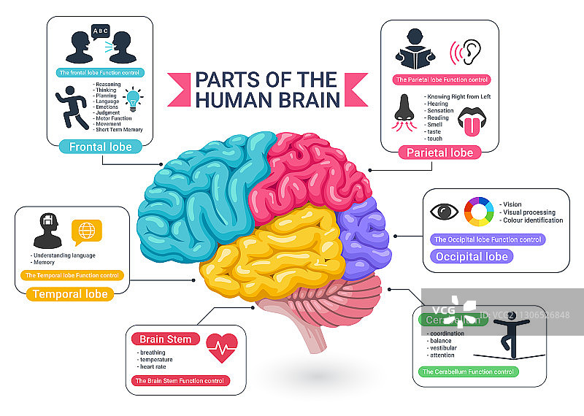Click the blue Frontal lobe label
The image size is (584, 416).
pyautogui.click(x=101, y=147)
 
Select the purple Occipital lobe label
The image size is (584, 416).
pyautogui.click(x=471, y=256)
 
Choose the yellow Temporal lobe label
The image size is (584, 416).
pyautogui.click(x=69, y=294)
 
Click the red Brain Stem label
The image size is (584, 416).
pyautogui.click(x=165, y=339)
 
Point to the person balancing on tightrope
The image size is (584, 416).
pyautogui.click(x=513, y=339)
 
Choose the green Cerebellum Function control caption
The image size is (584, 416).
pyautogui.click(x=467, y=372)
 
